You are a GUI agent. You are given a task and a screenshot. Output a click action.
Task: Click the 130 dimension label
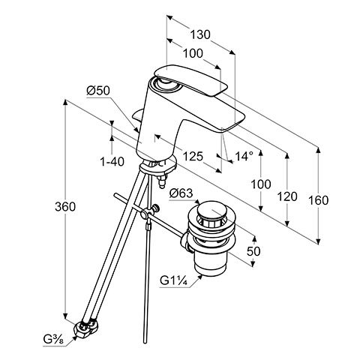pyautogui.click(x=200, y=34)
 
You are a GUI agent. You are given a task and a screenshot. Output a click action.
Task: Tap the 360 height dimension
pyautogui.click(x=65, y=206)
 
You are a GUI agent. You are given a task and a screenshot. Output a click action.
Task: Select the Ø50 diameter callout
pyautogui.click(x=98, y=91)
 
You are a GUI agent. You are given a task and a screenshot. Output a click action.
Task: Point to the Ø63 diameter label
pyautogui.click(x=181, y=193)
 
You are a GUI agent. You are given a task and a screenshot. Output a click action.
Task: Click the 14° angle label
pyautogui.click(x=244, y=157)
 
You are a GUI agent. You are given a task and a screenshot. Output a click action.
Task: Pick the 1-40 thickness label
pyautogui.click(x=112, y=162)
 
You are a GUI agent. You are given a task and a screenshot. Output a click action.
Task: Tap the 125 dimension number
pyautogui.click(x=193, y=157)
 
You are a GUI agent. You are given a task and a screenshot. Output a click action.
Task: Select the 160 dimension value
pyautogui.click(x=318, y=200)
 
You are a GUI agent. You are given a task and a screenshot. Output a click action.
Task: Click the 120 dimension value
pyautogui.click(x=287, y=196)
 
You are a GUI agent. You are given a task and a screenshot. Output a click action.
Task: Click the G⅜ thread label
pyautogui.click(x=54, y=340)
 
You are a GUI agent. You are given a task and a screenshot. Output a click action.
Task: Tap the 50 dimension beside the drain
pyautogui.click(x=253, y=251)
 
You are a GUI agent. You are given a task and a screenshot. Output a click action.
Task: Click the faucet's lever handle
pyautogui.click(x=190, y=80)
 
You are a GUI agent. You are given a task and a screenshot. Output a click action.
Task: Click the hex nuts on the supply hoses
pyautogui.click(x=87, y=327)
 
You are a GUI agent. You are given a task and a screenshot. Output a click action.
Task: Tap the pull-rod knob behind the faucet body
pyautogui.click(x=138, y=115)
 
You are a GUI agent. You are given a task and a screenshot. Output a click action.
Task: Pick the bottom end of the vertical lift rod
pyautogui.click(x=145, y=342)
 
